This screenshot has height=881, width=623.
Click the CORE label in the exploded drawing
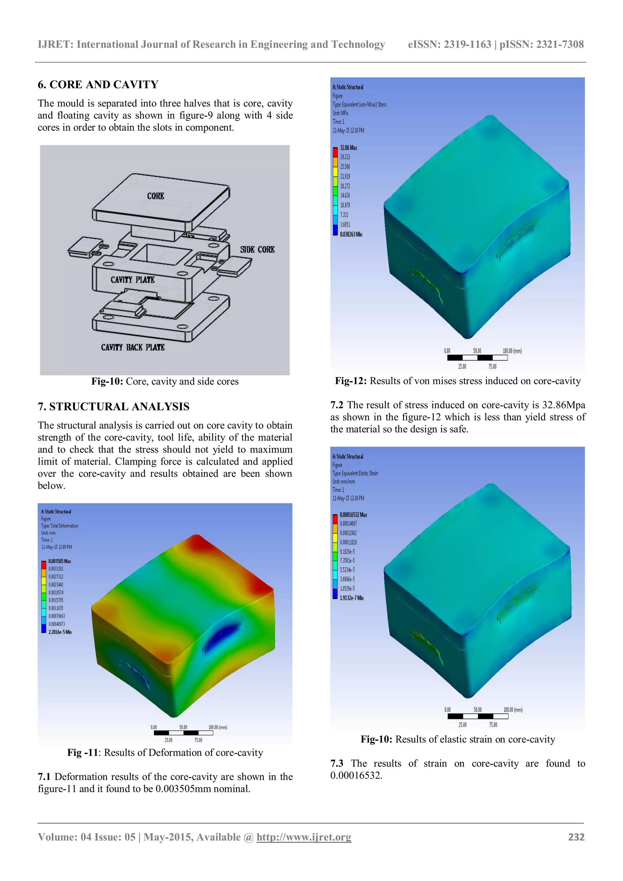point(155,196)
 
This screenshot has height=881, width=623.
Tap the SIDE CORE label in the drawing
point(257,249)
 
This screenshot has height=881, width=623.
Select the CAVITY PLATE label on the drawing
point(132,280)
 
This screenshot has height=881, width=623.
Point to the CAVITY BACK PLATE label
point(133,347)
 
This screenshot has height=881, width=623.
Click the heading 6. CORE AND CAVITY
point(98,84)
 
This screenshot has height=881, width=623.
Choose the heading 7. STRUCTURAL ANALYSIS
point(113,406)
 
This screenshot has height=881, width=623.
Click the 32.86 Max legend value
point(348,148)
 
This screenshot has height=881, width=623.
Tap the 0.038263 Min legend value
point(351,234)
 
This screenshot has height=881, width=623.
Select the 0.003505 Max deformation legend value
point(59,561)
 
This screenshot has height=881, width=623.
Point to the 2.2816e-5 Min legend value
point(60,632)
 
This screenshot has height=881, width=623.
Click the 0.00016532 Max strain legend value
point(353,514)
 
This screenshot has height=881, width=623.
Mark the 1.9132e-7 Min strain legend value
point(351,598)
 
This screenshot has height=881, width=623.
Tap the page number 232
point(576,837)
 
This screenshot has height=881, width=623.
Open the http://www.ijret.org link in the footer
point(304,837)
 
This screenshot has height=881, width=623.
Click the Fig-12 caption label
point(351,381)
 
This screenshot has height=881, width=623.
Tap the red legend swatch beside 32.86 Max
point(335,152)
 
